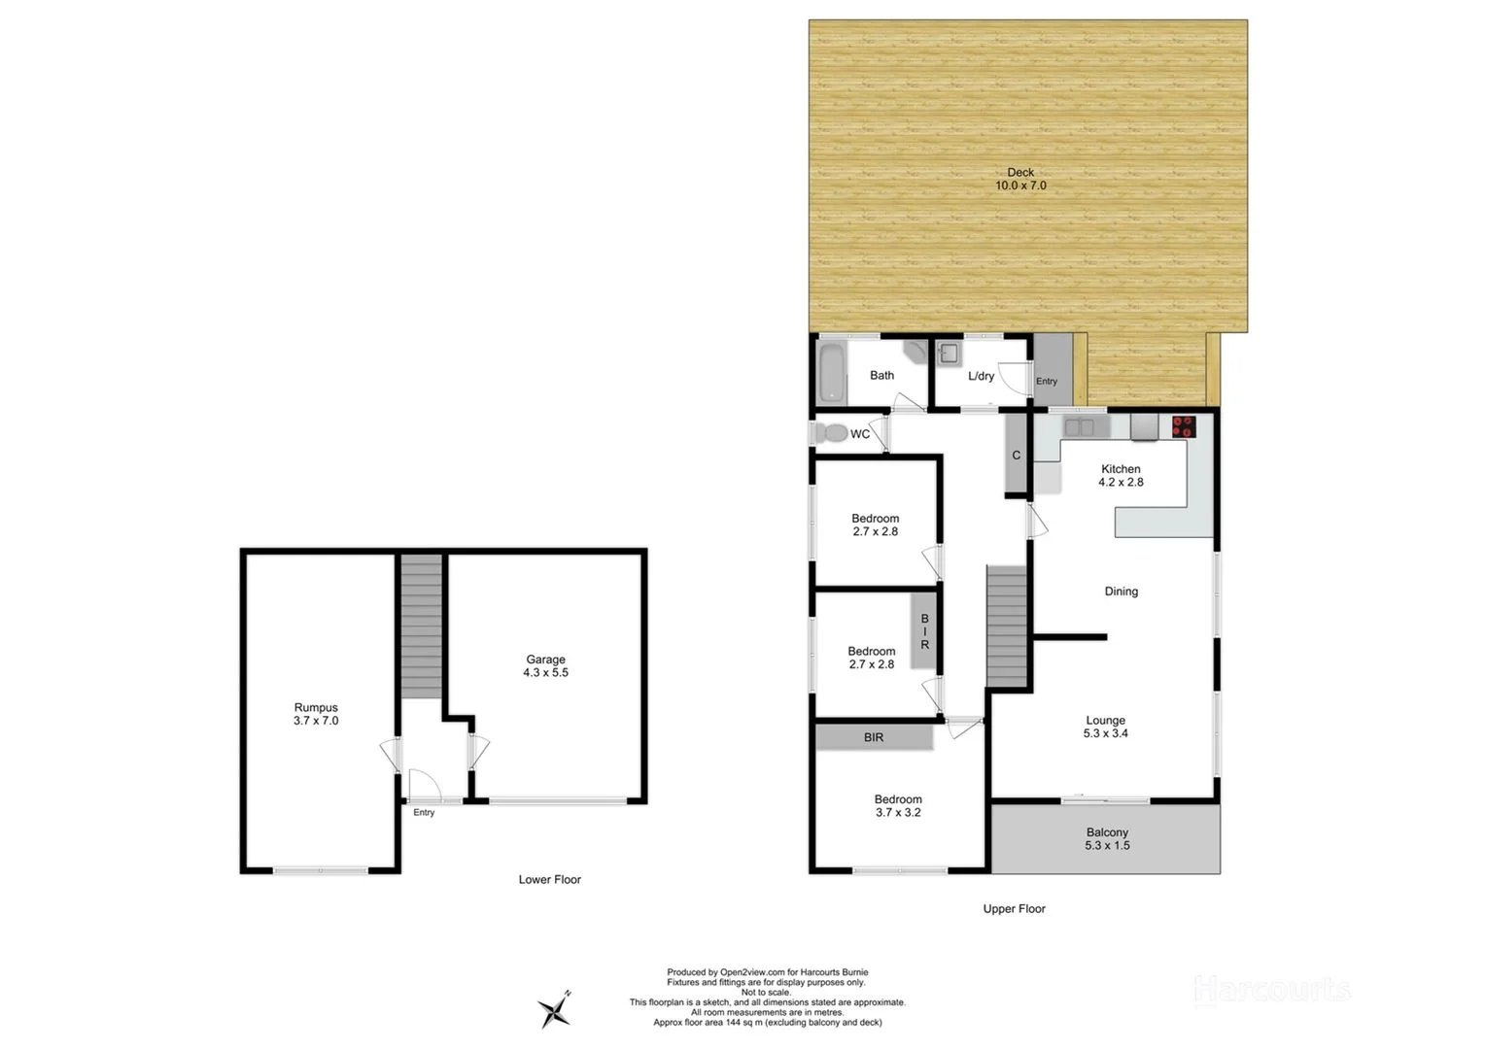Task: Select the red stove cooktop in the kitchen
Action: (x=1184, y=425)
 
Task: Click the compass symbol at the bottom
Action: (x=556, y=1009)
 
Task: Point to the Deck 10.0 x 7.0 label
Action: (x=1020, y=179)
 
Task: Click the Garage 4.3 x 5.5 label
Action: (x=545, y=665)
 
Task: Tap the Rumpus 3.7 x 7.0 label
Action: (x=316, y=714)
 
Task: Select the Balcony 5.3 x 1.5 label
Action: (x=1107, y=838)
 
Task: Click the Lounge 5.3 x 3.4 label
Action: (x=1105, y=727)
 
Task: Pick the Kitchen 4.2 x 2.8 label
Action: (x=1121, y=475)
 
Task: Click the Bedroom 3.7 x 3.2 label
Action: (x=898, y=805)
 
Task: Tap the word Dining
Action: (x=1121, y=591)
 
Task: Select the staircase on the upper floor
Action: (x=1008, y=626)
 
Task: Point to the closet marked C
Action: (x=1016, y=454)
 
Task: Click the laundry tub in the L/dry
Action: (x=950, y=354)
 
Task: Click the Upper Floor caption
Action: (x=1014, y=909)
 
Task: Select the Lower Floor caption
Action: (x=549, y=879)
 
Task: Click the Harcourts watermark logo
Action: (x=1271, y=990)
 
